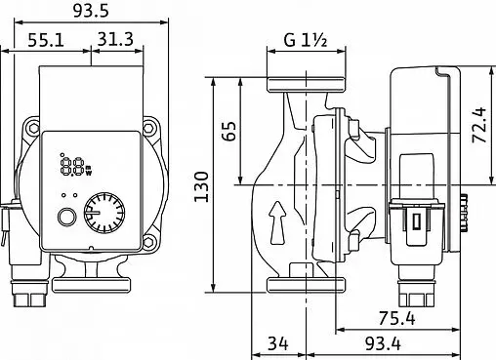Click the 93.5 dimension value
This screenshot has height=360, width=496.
point(91,11)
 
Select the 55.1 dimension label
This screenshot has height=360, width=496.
point(46,40)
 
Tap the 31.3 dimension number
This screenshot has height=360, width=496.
point(115,39)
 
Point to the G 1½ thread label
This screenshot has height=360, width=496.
point(306,40)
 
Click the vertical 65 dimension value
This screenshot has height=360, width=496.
point(230,131)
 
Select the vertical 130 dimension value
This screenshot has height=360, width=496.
point(201,186)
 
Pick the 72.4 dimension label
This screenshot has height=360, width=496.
point(479,125)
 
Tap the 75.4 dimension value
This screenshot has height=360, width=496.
point(397,318)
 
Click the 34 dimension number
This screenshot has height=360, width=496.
point(278,343)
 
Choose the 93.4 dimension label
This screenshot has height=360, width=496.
point(383,343)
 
